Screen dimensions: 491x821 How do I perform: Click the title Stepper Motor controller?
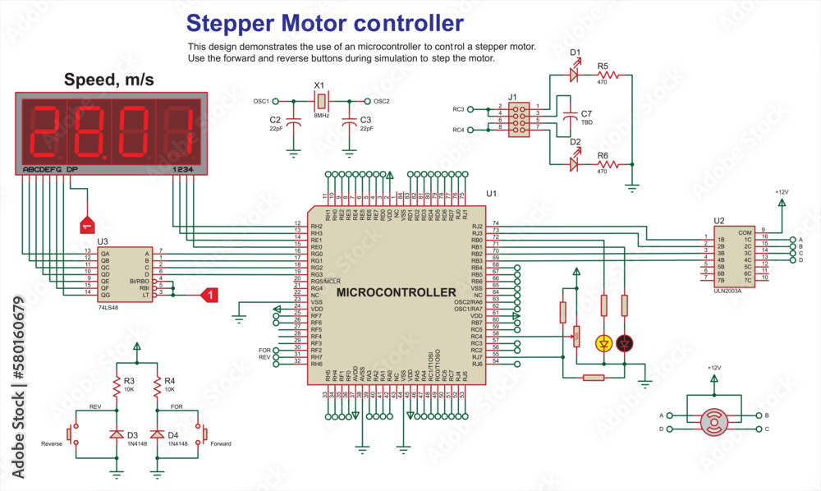[x=324, y=21]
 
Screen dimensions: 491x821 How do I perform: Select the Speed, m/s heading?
[x=108, y=80]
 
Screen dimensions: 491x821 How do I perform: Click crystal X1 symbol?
[x=321, y=101]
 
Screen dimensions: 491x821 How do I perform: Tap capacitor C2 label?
[x=275, y=120]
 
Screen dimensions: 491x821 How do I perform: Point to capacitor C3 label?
[x=365, y=120]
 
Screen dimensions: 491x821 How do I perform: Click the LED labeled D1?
[x=574, y=74]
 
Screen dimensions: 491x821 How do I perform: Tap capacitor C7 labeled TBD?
[x=567, y=118]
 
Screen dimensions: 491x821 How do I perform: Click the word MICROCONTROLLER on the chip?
[x=396, y=292]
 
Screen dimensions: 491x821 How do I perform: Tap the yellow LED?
[x=604, y=342]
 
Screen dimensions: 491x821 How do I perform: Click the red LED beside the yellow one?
[x=625, y=342]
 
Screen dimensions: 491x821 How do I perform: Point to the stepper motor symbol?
[x=713, y=421]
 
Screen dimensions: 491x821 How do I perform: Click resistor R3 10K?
[x=117, y=386]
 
